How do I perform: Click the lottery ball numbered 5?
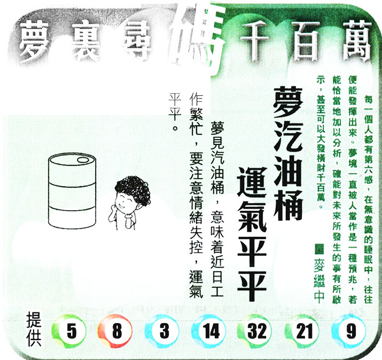(69, 331)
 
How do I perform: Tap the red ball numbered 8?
(115, 331)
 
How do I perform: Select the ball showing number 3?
(162, 331)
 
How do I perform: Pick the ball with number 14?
(209, 331)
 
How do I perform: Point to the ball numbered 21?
(302, 331)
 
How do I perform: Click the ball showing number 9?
(349, 331)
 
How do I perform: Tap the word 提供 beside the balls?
(34, 329)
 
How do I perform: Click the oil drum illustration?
(72, 191)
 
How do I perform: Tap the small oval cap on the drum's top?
(83, 160)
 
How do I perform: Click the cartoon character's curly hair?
(133, 189)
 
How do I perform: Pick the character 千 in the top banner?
(255, 40)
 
